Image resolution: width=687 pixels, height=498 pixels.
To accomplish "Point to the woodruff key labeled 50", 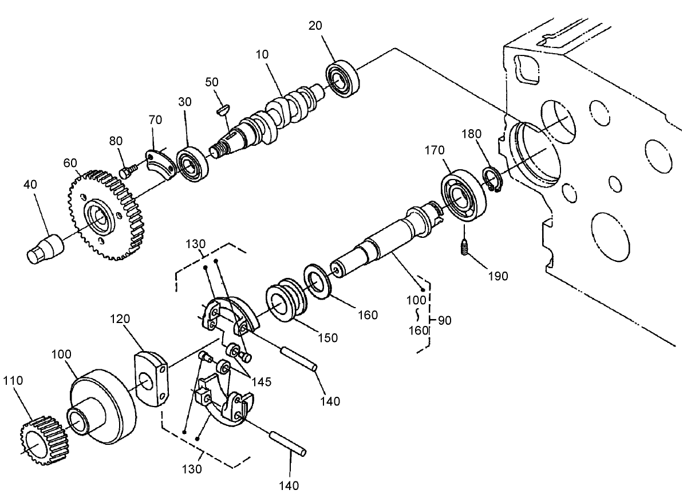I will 224,108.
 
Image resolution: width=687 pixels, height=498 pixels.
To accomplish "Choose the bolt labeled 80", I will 128,170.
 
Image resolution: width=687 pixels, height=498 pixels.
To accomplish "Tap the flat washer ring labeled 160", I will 315,280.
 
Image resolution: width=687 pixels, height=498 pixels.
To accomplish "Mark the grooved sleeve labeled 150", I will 287,302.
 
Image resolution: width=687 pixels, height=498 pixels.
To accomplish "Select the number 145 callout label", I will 262,381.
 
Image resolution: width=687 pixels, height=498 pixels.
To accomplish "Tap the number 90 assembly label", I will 444,320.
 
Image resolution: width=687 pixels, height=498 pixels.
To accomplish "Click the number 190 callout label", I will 498,276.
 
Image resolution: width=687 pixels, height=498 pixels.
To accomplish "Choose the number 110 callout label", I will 15,381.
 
